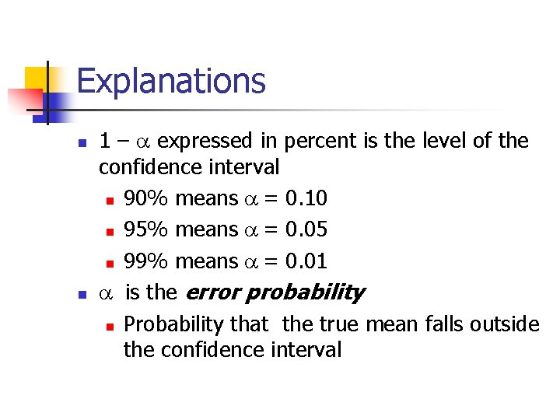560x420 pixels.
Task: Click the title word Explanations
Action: [171, 81]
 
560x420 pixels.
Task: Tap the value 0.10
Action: [306, 198]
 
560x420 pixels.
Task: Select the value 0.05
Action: [306, 229]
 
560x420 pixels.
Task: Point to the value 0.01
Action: [306, 261]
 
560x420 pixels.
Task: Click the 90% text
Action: [146, 198]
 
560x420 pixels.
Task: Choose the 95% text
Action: [146, 229]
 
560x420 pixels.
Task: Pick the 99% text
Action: [146, 261]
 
